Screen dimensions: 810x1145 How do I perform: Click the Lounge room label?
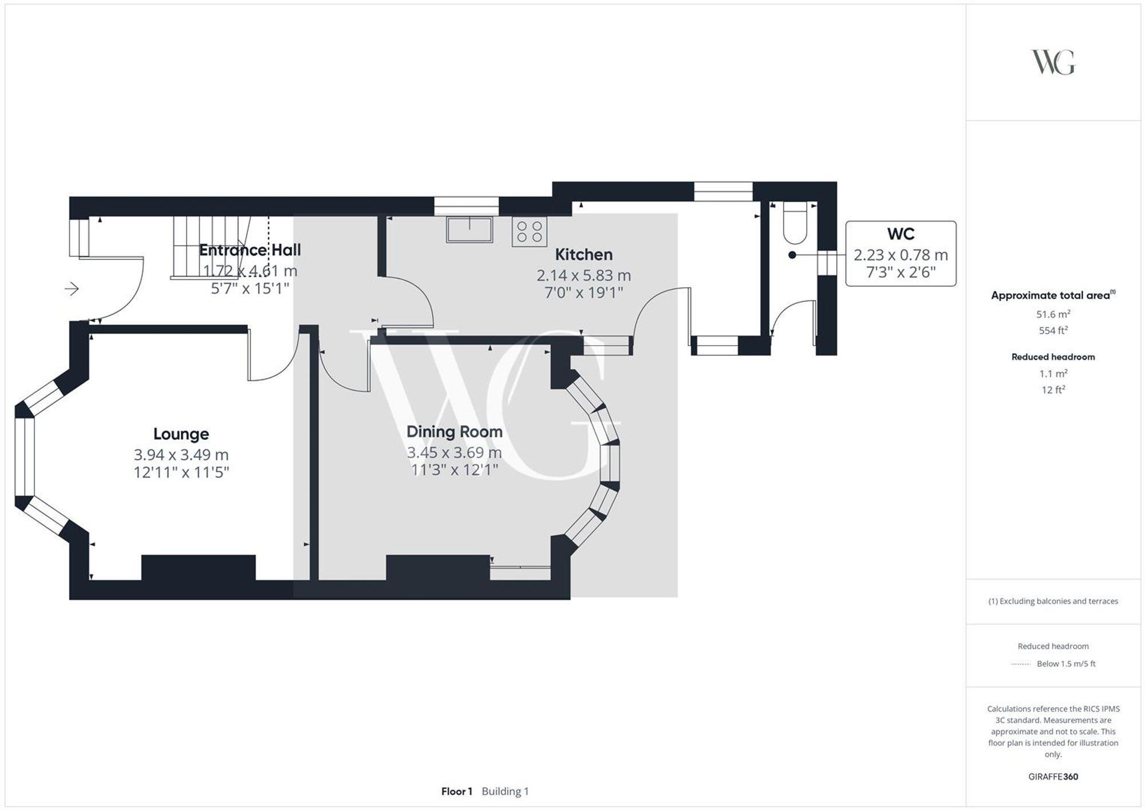(x=181, y=434)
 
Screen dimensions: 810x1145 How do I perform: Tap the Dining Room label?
(x=454, y=432)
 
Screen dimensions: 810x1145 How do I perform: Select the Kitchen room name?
(x=583, y=254)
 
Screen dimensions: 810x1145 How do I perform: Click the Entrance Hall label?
(x=250, y=250)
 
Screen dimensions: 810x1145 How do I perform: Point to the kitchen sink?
(x=469, y=230)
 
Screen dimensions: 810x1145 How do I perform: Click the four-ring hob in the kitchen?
(x=529, y=231)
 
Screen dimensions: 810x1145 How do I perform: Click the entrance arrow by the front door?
(x=72, y=289)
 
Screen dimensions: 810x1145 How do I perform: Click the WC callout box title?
(x=901, y=234)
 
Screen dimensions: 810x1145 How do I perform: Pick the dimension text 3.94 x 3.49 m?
(x=181, y=455)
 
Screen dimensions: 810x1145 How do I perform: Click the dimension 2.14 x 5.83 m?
(x=583, y=275)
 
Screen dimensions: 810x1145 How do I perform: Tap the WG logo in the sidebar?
(x=1053, y=62)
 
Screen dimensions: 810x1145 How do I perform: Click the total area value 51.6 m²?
(x=1053, y=314)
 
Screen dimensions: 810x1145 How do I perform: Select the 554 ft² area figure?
(x=1053, y=330)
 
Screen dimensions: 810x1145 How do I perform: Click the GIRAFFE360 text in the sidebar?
(x=1053, y=777)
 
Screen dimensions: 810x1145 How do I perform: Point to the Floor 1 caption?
(x=456, y=791)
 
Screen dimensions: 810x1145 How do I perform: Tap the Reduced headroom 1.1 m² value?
(x=1053, y=373)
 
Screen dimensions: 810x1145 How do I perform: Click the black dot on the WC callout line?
(x=792, y=255)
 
